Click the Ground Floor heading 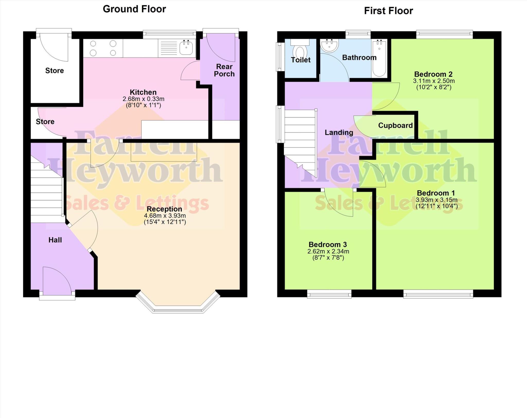[x=134, y=9]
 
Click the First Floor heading [x=388, y=11]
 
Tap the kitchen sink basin [x=186, y=48]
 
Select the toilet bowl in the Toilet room [x=300, y=53]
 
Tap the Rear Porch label [x=224, y=70]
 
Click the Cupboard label [x=395, y=126]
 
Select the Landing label [x=339, y=133]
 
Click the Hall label [x=55, y=240]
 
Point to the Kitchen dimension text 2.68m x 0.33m [x=143, y=99]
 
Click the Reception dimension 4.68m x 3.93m [x=165, y=216]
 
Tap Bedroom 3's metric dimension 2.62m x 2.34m [x=328, y=251]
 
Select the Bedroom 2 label [x=433, y=74]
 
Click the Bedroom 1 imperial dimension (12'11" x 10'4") [x=436, y=206]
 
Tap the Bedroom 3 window [x=329, y=294]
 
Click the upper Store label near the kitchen [x=55, y=71]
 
